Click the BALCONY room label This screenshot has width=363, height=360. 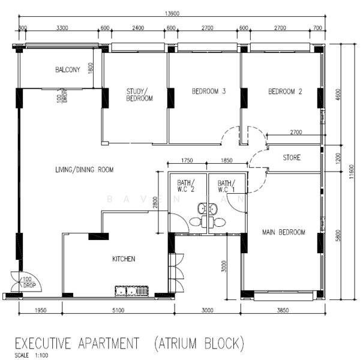click(68, 70)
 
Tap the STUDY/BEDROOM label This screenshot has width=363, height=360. click(139, 95)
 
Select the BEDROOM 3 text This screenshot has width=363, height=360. click(208, 91)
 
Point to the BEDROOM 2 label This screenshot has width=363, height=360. click(284, 91)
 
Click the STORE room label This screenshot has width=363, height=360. click(292, 158)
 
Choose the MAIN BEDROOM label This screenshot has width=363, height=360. click(283, 232)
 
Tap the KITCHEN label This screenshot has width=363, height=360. click(124, 259)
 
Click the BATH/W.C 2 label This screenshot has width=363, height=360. click(186, 186)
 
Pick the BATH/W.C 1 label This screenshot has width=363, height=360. click(226, 186)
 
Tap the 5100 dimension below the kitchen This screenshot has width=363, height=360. click(118, 311)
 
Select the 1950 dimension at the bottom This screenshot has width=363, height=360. click(41, 311)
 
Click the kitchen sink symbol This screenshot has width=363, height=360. click(128, 292)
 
